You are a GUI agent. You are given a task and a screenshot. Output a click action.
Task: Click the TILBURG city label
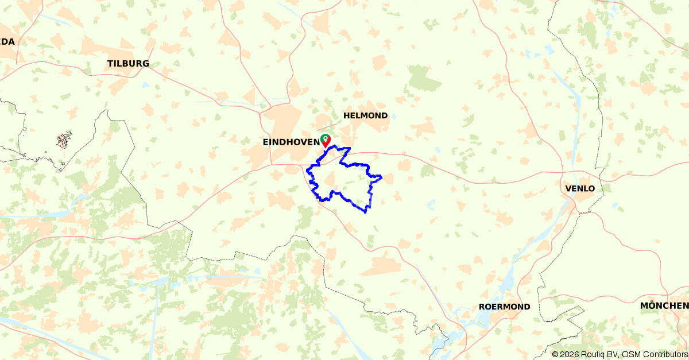(128, 64)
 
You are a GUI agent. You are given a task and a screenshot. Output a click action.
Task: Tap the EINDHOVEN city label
(291, 142)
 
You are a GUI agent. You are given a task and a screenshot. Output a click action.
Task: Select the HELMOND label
(365, 115)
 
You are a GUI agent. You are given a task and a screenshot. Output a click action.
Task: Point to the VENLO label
(580, 188)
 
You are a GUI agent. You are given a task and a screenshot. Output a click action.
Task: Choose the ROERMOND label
(504, 307)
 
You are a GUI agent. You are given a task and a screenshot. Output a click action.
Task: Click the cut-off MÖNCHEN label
(664, 305)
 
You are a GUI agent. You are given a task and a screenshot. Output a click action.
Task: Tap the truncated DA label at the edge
(7, 41)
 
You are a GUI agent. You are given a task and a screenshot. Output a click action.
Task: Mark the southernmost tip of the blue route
(366, 212)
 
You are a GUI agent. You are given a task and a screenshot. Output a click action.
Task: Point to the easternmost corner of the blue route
(382, 176)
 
